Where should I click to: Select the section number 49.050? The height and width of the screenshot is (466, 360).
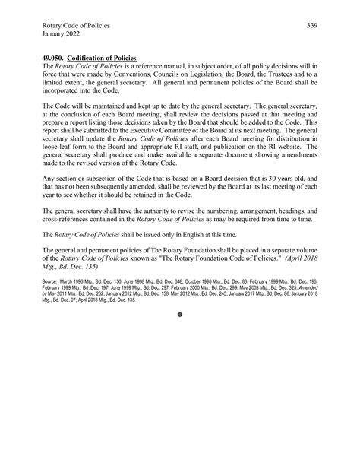55,57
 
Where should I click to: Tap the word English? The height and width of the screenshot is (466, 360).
197,230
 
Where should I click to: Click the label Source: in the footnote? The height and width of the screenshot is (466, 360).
53,280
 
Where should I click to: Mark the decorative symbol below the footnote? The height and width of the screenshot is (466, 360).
180,312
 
